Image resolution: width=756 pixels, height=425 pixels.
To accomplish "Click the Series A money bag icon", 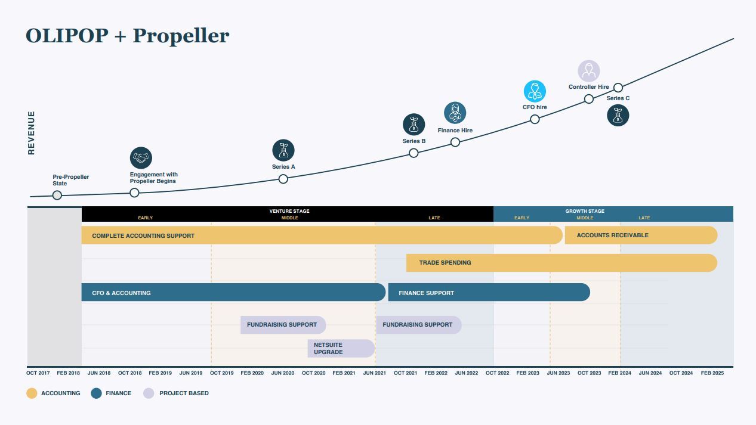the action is tap(283, 150).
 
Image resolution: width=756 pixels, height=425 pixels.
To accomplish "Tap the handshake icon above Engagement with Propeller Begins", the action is tap(141, 158).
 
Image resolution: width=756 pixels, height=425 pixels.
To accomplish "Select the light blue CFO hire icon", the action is tap(535, 91).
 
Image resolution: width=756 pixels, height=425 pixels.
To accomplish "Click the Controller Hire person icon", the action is tap(588, 71).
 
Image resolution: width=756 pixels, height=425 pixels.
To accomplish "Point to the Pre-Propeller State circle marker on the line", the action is tap(57, 195).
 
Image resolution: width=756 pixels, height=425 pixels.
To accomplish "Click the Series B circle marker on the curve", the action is tap(414, 153).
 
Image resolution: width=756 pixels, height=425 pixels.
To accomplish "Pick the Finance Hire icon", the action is tap(455, 113).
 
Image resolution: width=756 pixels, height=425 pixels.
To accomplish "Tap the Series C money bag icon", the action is tap(618, 115).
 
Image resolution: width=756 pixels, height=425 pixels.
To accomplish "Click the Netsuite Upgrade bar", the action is tap(341, 348).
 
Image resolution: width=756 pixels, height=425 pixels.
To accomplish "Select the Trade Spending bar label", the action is tap(445, 262).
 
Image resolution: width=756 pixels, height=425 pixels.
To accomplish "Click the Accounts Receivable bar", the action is tap(641, 235).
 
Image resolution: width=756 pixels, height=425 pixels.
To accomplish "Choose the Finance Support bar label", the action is tap(426, 293).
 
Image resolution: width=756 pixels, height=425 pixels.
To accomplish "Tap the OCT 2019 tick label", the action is tap(222, 373).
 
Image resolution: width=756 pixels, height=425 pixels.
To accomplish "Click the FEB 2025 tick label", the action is tap(712, 373).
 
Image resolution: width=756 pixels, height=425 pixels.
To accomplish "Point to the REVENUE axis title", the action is tap(31, 133).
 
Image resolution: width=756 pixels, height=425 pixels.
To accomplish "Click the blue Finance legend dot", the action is tap(96, 393).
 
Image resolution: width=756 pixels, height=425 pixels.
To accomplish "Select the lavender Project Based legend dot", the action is tap(149, 393).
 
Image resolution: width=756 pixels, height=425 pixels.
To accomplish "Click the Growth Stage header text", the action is tap(585, 211).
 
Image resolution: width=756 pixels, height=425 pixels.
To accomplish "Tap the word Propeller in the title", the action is tap(181, 36).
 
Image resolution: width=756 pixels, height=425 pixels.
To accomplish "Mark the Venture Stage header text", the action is tap(289, 211).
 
